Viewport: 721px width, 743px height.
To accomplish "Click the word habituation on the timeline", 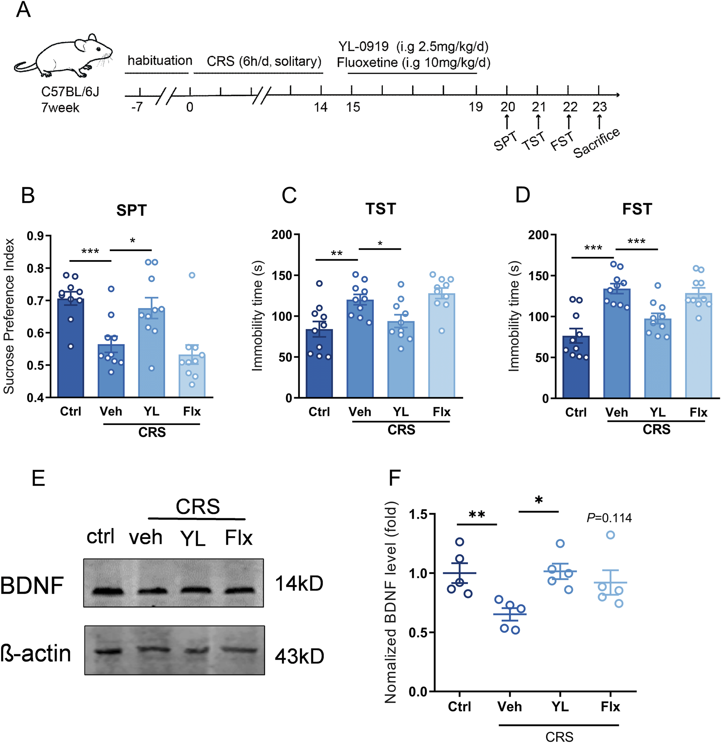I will click(x=159, y=61).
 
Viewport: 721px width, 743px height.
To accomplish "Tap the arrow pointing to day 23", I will click(x=599, y=121).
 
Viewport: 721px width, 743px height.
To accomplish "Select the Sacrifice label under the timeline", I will click(x=596, y=142).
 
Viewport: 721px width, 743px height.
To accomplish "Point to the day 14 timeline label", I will click(x=321, y=107).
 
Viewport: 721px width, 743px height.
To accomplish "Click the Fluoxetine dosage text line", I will click(x=413, y=63).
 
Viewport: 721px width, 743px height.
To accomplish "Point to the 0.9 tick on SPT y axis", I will click(x=36, y=236).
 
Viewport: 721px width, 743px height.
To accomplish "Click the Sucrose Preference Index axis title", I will click(x=9, y=316).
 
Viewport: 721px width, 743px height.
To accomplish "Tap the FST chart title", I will click(x=637, y=209).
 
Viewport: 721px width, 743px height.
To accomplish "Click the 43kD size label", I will click(x=299, y=656).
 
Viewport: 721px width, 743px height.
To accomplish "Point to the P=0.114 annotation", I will click(x=609, y=518).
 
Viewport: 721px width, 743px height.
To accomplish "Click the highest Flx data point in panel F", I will click(x=610, y=535).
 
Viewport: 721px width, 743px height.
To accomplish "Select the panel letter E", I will click(x=38, y=478).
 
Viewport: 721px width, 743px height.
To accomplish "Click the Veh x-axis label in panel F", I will click(x=509, y=706).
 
